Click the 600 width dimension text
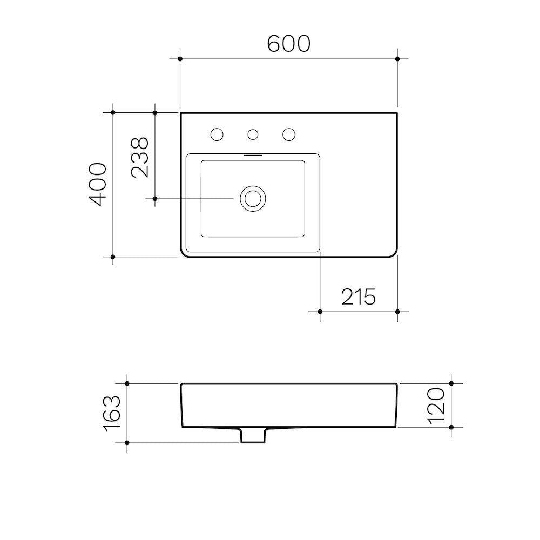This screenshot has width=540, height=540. pyautogui.click(x=289, y=44)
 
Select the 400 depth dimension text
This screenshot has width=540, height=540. pyautogui.click(x=98, y=184)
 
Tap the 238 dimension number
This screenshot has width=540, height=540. pyautogui.click(x=140, y=157)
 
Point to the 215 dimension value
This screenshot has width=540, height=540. pyautogui.click(x=358, y=296)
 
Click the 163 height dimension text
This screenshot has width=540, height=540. pyautogui.click(x=112, y=413)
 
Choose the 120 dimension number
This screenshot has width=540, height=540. pyautogui.click(x=437, y=405)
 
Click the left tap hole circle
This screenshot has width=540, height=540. pyautogui.click(x=217, y=134)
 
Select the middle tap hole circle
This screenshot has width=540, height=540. pyautogui.click(x=253, y=134)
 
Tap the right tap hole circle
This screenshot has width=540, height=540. pyautogui.click(x=289, y=134)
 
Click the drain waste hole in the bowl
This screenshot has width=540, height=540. pyautogui.click(x=252, y=198)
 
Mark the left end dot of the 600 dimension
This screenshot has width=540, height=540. pyautogui.click(x=180, y=58)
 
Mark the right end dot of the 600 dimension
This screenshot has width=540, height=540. pyautogui.click(x=397, y=58)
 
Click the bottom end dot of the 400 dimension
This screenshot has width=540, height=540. pyautogui.click(x=113, y=256)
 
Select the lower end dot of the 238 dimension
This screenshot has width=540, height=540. pyautogui.click(x=155, y=199)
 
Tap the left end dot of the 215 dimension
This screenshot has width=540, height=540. pyautogui.click(x=320, y=312)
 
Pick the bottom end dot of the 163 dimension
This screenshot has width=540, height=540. pyautogui.click(x=127, y=443)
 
